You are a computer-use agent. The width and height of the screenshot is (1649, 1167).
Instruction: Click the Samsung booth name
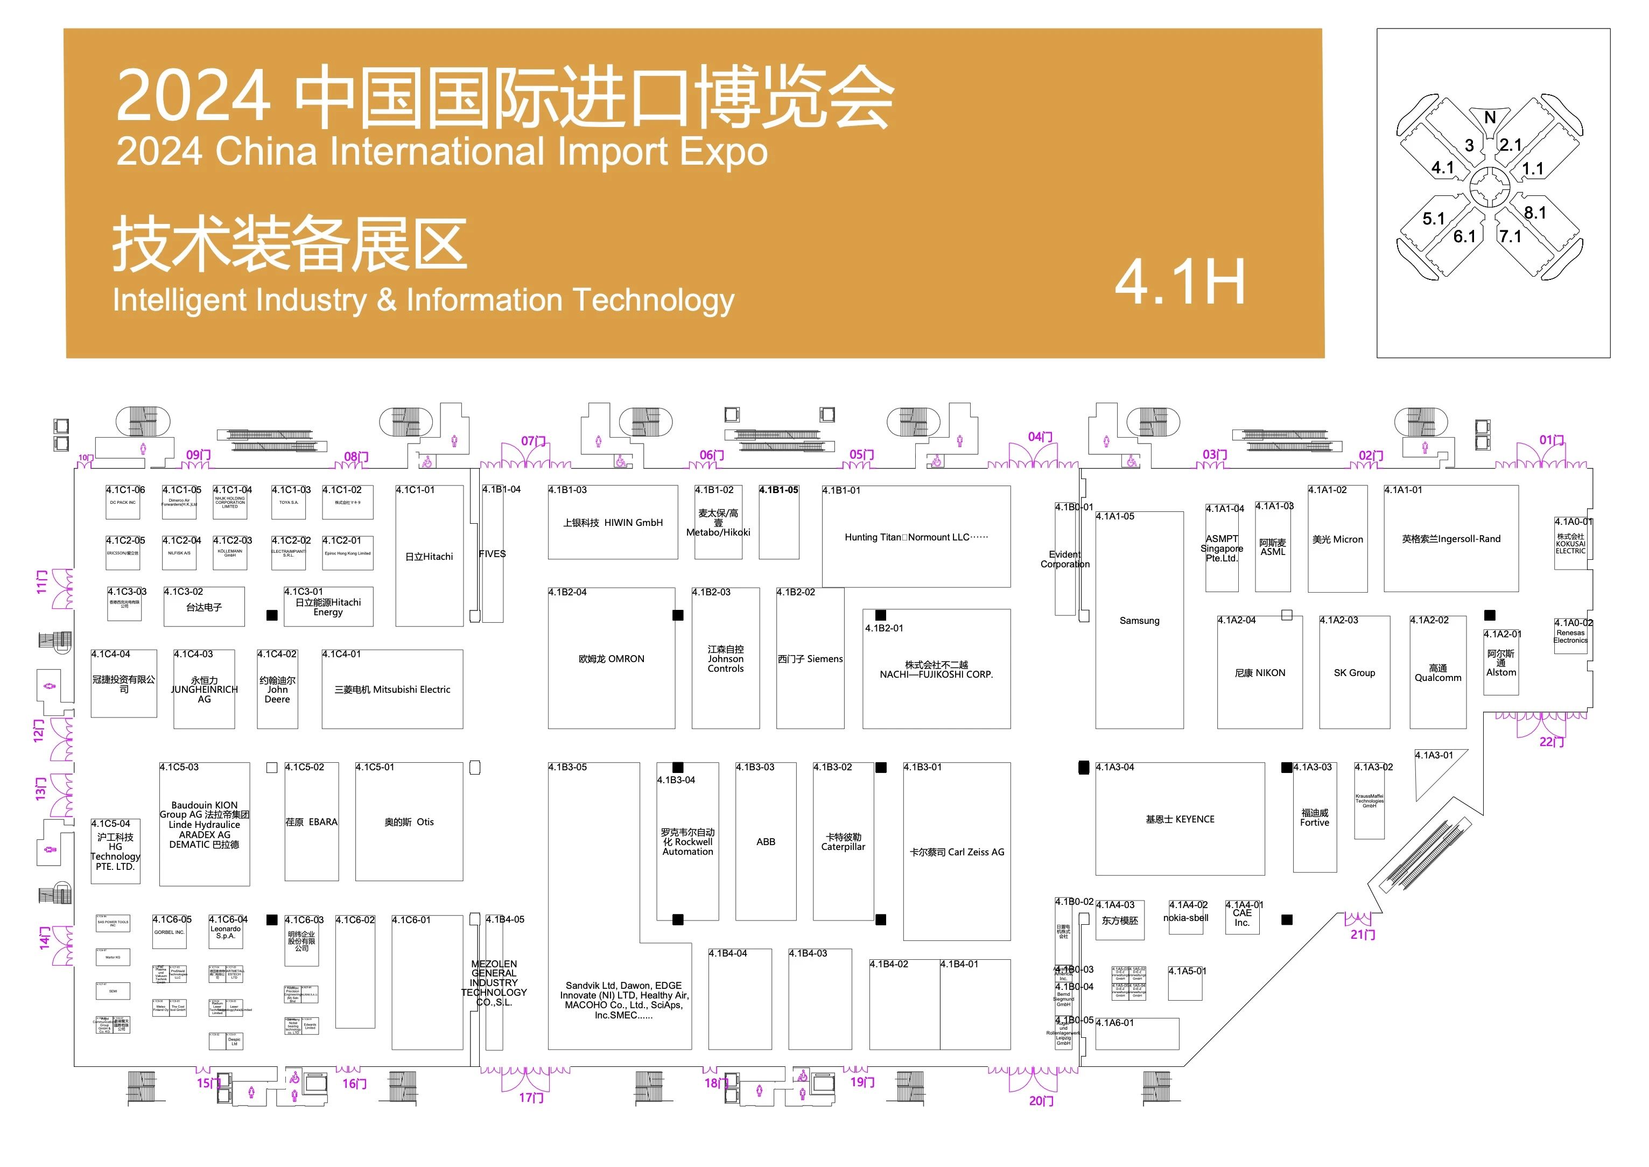[x=1139, y=621]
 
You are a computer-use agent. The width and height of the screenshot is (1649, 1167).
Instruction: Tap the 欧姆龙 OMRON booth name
[x=611, y=659]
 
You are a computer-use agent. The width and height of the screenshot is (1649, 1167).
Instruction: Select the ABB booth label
[x=765, y=841]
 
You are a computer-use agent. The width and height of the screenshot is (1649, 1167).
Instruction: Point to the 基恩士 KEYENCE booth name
[x=1180, y=819]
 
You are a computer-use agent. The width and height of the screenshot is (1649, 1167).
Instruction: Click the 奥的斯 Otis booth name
[x=408, y=822]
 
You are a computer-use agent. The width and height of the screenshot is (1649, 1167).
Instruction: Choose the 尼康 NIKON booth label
[x=1260, y=673]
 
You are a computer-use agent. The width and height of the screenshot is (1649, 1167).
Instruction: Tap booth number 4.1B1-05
[x=778, y=490]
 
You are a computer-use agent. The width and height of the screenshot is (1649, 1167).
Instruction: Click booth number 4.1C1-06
[x=125, y=490]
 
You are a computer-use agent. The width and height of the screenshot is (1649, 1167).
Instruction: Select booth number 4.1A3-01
[x=1434, y=755]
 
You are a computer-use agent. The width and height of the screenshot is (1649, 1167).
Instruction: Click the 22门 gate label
[x=1551, y=742]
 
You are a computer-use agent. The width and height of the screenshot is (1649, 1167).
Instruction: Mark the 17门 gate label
[x=531, y=1098]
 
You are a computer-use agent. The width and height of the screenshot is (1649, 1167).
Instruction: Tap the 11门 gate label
[x=41, y=581]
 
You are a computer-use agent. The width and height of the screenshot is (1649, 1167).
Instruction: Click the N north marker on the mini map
[x=1490, y=118]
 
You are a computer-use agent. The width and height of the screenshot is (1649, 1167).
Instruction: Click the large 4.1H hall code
[x=1180, y=283]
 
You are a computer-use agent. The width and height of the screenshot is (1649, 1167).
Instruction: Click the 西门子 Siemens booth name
[x=810, y=659]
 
